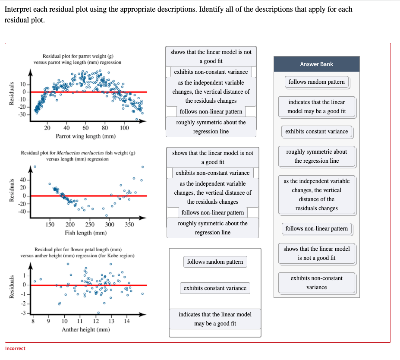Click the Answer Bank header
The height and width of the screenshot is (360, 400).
point(316,64)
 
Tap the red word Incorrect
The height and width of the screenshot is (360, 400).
point(15,348)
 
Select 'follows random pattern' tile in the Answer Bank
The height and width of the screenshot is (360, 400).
point(316,82)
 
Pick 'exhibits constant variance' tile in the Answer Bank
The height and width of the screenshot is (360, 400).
point(316,132)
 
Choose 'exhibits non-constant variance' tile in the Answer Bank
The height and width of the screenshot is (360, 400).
point(316,283)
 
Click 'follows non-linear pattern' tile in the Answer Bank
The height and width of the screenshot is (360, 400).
point(316,229)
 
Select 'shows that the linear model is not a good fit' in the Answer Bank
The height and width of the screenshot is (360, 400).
point(316,253)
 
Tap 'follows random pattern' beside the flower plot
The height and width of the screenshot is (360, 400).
point(215,262)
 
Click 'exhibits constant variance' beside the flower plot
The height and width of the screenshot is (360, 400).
point(215,288)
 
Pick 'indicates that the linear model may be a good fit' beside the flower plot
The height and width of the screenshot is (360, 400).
point(215,319)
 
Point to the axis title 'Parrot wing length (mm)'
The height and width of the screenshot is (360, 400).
point(85,136)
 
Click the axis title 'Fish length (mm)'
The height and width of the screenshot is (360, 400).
point(86,233)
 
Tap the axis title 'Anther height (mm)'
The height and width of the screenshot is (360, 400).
point(85,329)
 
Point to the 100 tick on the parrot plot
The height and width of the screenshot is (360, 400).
point(124,128)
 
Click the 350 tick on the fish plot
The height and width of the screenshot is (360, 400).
point(129,224)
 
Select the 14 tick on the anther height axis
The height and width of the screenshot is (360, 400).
point(126,321)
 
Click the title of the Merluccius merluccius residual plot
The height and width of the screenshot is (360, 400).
point(78,156)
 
